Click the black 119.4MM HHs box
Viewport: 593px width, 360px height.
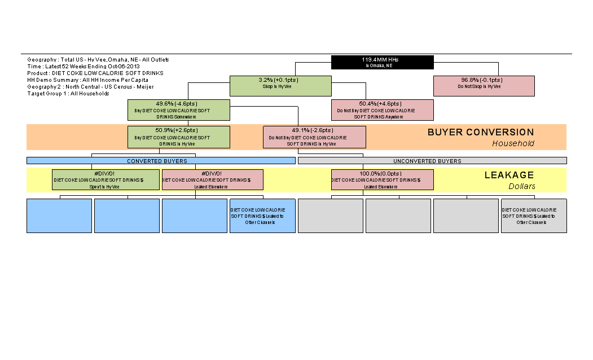pyautogui.click(x=382, y=62)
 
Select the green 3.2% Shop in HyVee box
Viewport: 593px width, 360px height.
pyautogui.click(x=280, y=86)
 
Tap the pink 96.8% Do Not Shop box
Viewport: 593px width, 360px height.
pyautogui.click(x=484, y=86)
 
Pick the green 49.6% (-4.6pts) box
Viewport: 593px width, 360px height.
pyautogui.click(x=179, y=110)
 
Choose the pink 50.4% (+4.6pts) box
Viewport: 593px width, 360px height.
pyautogui.click(x=382, y=110)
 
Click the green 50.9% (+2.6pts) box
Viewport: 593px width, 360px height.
pyautogui.click(x=179, y=137)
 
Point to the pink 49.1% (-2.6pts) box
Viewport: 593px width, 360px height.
pyautogui.click(x=314, y=137)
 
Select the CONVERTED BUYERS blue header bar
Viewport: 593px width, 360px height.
pyautogui.click(x=161, y=161)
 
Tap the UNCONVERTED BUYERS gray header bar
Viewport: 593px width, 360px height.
pyautogui.click(x=432, y=161)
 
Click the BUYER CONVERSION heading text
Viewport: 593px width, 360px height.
pyautogui.click(x=480, y=133)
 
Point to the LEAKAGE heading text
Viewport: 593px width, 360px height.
pyautogui.click(x=508, y=175)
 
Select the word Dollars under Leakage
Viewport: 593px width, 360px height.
pyautogui.click(x=521, y=186)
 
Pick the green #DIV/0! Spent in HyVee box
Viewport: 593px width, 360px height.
pyautogui.click(x=106, y=179)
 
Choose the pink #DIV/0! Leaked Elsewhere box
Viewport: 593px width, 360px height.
pyautogui.click(x=212, y=179)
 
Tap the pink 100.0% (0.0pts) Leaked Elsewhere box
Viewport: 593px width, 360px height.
pyautogui.click(x=382, y=179)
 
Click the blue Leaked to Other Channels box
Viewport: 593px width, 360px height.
pyautogui.click(x=262, y=216)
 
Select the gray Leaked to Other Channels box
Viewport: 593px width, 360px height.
pyautogui.click(x=533, y=216)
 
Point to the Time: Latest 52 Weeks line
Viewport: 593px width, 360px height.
pyautogui.click(x=84, y=67)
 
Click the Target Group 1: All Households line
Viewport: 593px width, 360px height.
pyautogui.click(x=68, y=94)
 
